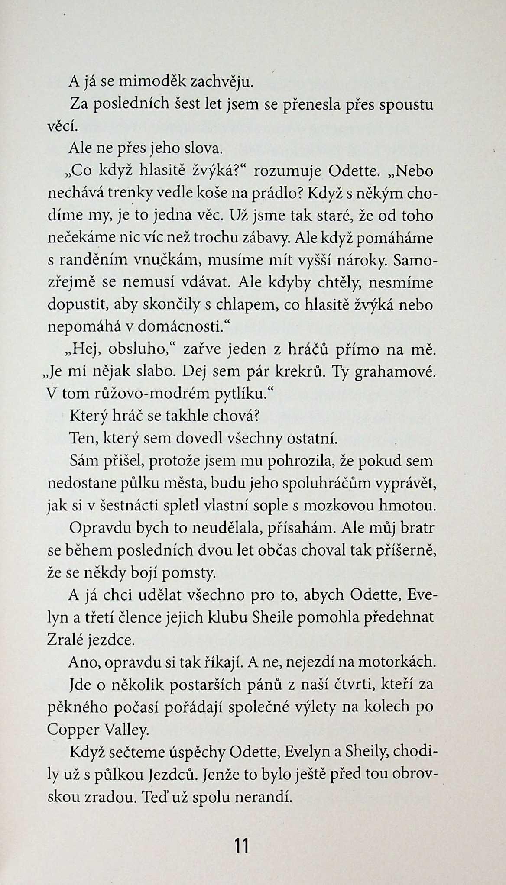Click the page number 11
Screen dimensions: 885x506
241,845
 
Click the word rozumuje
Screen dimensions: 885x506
286,171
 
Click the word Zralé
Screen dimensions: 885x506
65,640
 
